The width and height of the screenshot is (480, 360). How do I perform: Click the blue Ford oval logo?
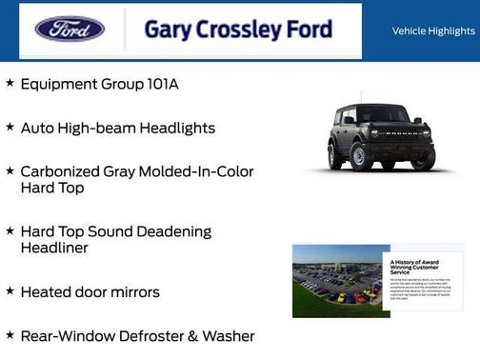tap(70, 30)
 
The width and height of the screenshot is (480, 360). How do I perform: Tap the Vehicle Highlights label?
tap(433, 31)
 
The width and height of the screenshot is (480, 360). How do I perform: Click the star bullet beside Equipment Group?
tap(10, 84)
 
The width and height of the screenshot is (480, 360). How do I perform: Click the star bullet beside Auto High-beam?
tap(10, 127)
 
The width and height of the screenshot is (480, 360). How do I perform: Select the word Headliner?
tap(55, 249)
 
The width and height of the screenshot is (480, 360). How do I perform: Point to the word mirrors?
tap(132, 292)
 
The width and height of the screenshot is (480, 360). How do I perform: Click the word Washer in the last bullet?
tap(229, 336)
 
